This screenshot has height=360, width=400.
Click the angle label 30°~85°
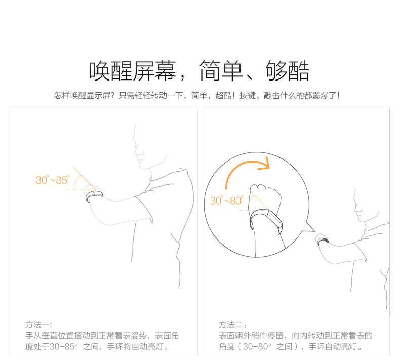pyautogui.click(x=52, y=180)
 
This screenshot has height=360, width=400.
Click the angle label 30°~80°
pyautogui.click(x=226, y=201)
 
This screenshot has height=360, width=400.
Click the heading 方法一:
pyautogui.click(x=38, y=325)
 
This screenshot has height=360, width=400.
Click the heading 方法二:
pyautogui.click(x=232, y=325)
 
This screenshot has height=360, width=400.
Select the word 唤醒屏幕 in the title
pyautogui.click(x=133, y=71)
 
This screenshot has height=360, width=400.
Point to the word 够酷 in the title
pyautogui.click(x=288, y=71)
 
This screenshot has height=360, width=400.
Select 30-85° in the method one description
pyautogui.click(x=63, y=347)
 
